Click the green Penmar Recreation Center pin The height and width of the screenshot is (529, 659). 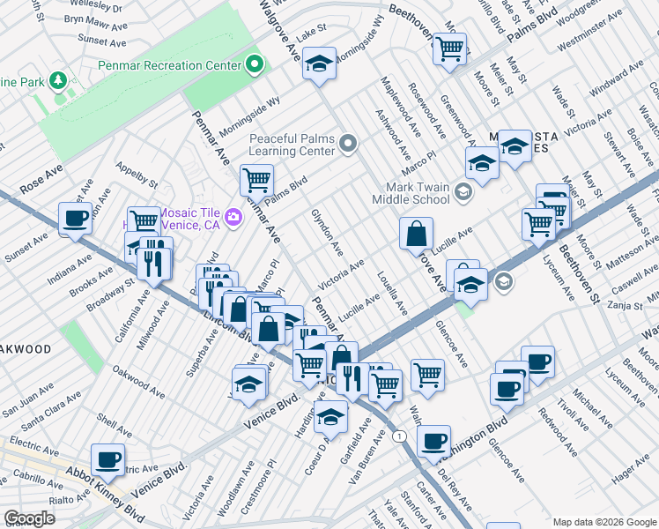255,64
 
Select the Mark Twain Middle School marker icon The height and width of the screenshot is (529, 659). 464,193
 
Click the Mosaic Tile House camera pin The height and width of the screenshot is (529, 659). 233,217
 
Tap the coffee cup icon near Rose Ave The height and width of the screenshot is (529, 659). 75,217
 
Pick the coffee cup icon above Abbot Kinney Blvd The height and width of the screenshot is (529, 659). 107,458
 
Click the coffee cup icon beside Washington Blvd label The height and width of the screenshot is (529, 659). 433,441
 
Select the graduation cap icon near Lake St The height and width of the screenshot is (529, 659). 320,63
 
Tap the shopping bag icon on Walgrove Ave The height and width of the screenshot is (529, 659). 416,234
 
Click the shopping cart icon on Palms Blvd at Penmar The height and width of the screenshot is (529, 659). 256,179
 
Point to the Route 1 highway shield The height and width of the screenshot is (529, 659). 400,436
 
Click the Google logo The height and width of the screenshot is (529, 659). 28,518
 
